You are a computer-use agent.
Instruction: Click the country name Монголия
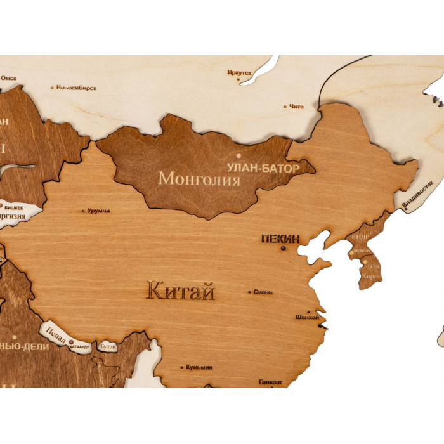pyautogui.click(x=199, y=178)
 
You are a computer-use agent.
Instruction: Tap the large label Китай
pyautogui.click(x=181, y=292)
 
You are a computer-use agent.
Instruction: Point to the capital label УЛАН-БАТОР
pyautogui.click(x=256, y=168)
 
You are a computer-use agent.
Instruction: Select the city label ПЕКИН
pyautogui.click(x=280, y=239)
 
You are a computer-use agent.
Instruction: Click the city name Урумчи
pyautogui.click(x=98, y=210)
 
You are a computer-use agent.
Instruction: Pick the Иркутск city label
pyautogui.click(x=239, y=73)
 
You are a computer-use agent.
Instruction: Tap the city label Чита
pyautogui.click(x=296, y=107)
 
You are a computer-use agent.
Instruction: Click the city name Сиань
pyautogui.click(x=263, y=292)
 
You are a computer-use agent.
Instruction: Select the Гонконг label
pyautogui.click(x=270, y=382)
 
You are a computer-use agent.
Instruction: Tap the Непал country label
pyautogui.click(x=56, y=334)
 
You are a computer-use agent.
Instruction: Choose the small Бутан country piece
pyautogui.click(x=107, y=347)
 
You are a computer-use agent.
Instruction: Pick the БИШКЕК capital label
pyautogui.click(x=15, y=207)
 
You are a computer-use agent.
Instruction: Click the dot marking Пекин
pyautogui.click(x=284, y=248)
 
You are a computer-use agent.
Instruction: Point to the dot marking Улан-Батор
pyautogui.click(x=239, y=155)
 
